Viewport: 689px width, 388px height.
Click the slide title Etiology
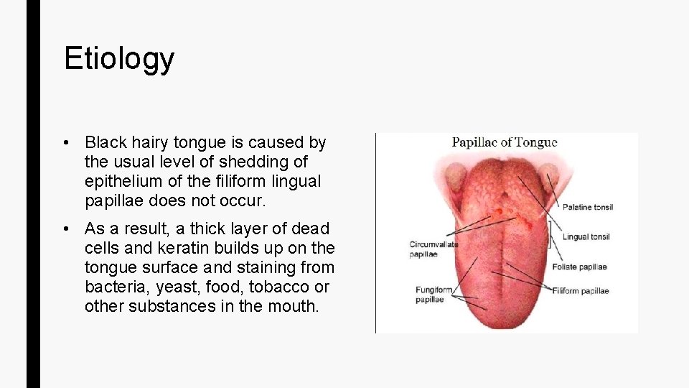click(118, 59)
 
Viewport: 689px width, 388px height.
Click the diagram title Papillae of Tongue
click(504, 142)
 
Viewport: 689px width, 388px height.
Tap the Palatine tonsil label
click(587, 208)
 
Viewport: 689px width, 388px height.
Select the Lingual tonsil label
click(586, 237)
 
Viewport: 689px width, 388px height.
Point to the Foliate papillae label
click(579, 267)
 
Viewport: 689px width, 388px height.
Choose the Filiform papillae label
click(581, 291)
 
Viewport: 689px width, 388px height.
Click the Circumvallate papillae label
click(433, 249)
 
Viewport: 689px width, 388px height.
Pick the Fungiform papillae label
click(433, 295)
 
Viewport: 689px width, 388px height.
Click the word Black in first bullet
click(106, 143)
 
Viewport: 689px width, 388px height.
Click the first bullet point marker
click(65, 143)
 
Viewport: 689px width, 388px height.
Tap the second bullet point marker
click(65, 229)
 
